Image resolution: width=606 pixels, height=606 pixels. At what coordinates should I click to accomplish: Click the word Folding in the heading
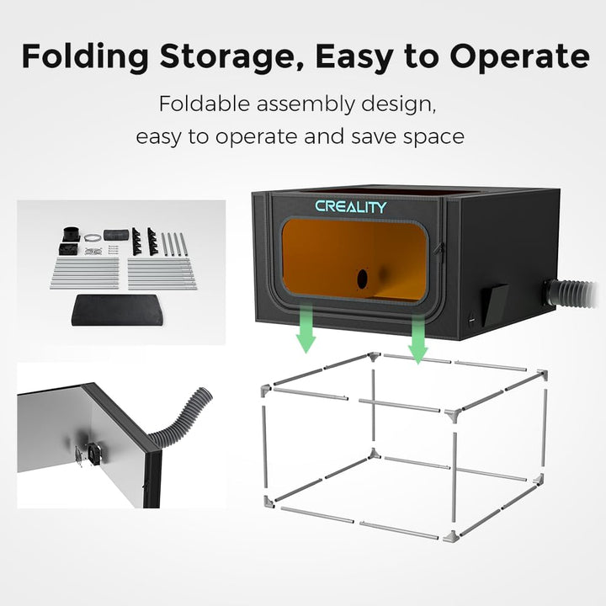85,57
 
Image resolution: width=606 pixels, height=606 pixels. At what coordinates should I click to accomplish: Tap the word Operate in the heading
519,57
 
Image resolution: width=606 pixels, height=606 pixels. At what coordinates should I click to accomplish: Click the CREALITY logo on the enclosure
350,207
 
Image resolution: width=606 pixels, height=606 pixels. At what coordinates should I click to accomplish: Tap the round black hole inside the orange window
362,279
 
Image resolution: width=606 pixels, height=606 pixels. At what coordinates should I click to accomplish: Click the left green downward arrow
306,328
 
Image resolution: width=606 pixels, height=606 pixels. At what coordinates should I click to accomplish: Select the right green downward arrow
417,339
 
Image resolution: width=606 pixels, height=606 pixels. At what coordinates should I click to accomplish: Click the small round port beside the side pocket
471,322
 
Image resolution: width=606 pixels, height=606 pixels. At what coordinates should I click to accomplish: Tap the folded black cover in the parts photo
117,310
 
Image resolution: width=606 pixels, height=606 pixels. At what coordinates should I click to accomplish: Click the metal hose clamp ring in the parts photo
92,237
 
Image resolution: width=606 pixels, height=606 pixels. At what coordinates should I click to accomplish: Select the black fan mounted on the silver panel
93,454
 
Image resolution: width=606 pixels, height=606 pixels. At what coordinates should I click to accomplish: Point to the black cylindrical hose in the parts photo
116,235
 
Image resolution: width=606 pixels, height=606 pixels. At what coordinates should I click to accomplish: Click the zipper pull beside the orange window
439,249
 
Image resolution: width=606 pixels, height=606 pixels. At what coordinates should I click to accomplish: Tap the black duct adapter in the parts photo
72,234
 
